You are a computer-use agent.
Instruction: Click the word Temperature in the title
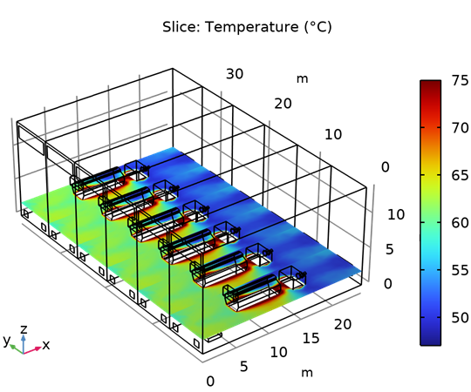click(252, 27)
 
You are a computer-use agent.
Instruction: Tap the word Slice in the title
click(181, 27)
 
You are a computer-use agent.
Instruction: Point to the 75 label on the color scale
click(461, 80)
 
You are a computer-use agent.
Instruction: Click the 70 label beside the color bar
click(461, 128)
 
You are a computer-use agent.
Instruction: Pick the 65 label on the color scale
click(461, 175)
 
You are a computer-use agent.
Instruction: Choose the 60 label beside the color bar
click(461, 223)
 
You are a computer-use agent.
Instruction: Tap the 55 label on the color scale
click(461, 270)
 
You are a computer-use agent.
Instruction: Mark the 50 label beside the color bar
click(461, 318)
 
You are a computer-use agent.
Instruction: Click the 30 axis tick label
click(235, 74)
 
